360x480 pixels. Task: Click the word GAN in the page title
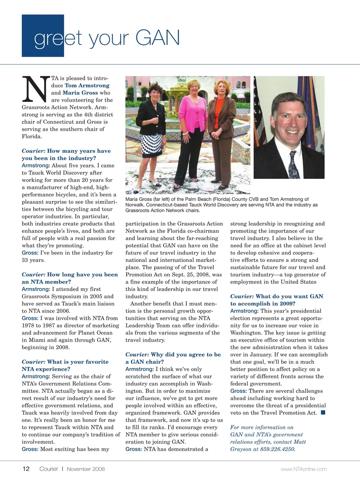157,38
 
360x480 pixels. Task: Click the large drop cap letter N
36,89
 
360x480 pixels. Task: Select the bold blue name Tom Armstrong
87,85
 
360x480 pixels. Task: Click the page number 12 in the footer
26,469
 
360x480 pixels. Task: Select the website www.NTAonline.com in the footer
303,469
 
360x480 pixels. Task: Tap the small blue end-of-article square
323,412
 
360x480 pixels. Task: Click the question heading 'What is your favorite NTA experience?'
65,365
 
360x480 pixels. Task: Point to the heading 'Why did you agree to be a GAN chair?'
173,358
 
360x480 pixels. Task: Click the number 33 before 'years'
25,260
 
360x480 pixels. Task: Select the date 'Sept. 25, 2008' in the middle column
189,274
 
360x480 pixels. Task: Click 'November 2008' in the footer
85,469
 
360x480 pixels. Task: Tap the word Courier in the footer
49,469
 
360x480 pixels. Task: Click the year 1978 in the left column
28,325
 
